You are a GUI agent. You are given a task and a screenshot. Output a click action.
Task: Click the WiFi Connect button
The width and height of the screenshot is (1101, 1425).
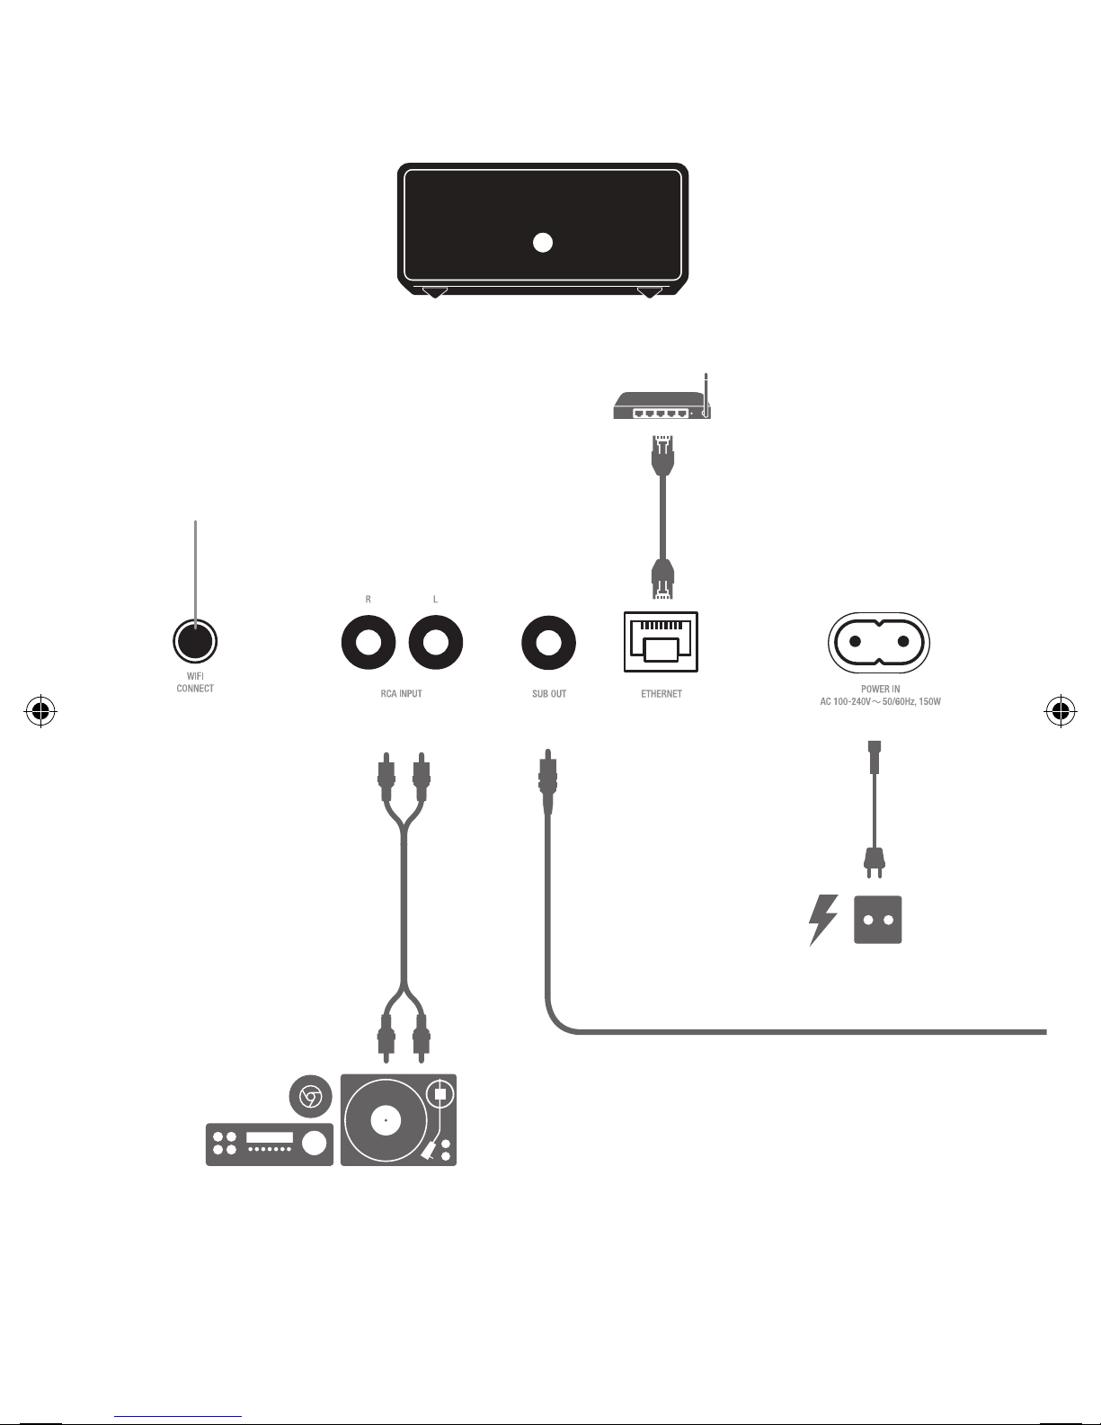pyautogui.click(x=195, y=641)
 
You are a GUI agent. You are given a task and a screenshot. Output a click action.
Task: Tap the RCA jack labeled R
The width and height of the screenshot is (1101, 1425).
pyautogui.click(x=368, y=643)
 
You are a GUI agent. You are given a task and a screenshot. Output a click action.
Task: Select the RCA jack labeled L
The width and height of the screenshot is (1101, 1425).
pyautogui.click(x=436, y=643)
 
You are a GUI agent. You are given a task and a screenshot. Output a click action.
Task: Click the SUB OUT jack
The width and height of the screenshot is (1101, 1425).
pyautogui.click(x=549, y=643)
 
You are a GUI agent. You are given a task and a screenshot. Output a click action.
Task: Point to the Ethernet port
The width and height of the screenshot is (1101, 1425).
pyautogui.click(x=661, y=642)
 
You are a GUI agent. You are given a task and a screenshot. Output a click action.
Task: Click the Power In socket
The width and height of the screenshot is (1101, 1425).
pyautogui.click(x=879, y=642)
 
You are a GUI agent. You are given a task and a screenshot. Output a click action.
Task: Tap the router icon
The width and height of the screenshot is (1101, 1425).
pyautogui.click(x=661, y=406)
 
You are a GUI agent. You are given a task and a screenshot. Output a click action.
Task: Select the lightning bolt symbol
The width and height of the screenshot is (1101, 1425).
pyautogui.click(x=822, y=920)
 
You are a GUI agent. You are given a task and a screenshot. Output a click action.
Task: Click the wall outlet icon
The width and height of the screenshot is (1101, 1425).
pyautogui.click(x=878, y=920)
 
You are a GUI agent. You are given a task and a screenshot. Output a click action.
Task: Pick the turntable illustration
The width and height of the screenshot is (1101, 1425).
pyautogui.click(x=398, y=1120)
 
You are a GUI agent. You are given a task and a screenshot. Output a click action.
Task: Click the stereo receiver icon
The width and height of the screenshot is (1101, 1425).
pyautogui.click(x=270, y=1144)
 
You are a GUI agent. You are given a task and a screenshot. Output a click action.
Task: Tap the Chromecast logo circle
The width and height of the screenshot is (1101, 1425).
pyautogui.click(x=311, y=1097)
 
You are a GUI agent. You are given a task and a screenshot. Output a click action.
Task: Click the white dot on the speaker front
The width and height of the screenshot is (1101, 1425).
pyautogui.click(x=542, y=242)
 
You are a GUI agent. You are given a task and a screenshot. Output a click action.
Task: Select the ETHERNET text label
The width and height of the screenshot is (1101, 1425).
pyautogui.click(x=661, y=694)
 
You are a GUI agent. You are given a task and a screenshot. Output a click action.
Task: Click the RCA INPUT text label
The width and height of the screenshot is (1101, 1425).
pyautogui.click(x=401, y=694)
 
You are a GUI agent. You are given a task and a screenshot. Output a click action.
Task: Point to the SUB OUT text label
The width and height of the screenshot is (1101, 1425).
pyautogui.click(x=549, y=694)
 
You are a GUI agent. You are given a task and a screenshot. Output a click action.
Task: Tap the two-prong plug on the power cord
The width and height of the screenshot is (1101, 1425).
pyautogui.click(x=874, y=863)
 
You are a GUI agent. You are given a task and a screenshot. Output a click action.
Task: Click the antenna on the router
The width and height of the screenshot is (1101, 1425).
pyautogui.click(x=707, y=393)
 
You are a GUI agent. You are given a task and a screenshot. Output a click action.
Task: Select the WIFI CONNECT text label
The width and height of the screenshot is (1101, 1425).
pyautogui.click(x=195, y=682)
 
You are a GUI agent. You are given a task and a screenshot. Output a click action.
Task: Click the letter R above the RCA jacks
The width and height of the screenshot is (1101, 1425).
pyautogui.click(x=368, y=599)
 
